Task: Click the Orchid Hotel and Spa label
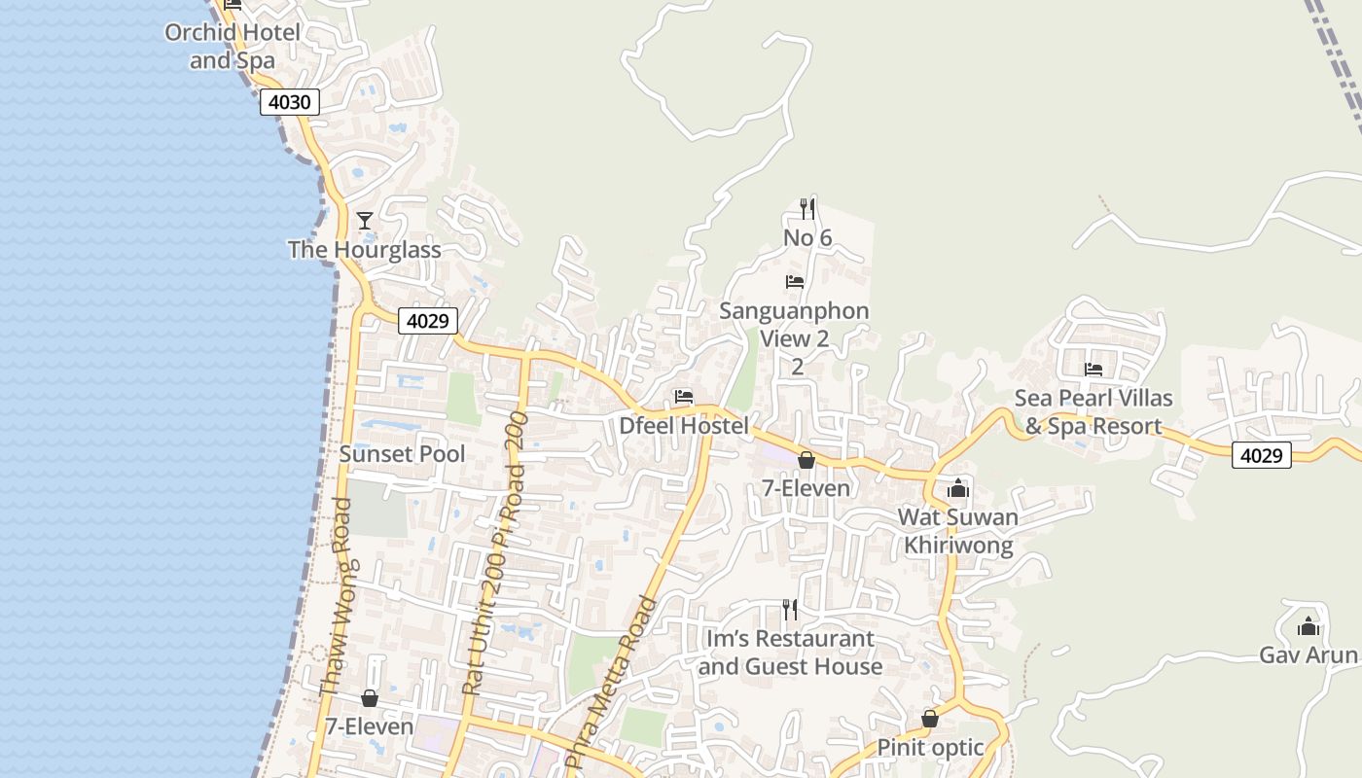[x=233, y=46]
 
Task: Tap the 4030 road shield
[x=290, y=102]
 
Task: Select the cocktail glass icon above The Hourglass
[x=365, y=221]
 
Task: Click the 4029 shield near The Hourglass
[x=428, y=321]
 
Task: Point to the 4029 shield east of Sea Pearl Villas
[x=1262, y=454]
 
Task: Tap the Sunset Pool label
[x=402, y=454]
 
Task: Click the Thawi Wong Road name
[x=336, y=598]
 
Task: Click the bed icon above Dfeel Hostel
[x=684, y=397]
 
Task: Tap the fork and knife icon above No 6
[x=806, y=208]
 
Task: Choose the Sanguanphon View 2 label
[x=795, y=325]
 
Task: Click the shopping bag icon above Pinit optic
[x=930, y=719]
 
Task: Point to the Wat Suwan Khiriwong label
[x=958, y=531]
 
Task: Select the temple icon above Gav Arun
[x=1308, y=626]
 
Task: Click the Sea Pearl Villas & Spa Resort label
[x=1093, y=412]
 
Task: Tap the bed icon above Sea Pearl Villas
[x=1093, y=370]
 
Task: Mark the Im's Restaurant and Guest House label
[x=790, y=653]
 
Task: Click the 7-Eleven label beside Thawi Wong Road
[x=369, y=726]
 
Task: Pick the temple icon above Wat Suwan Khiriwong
[x=958, y=488]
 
